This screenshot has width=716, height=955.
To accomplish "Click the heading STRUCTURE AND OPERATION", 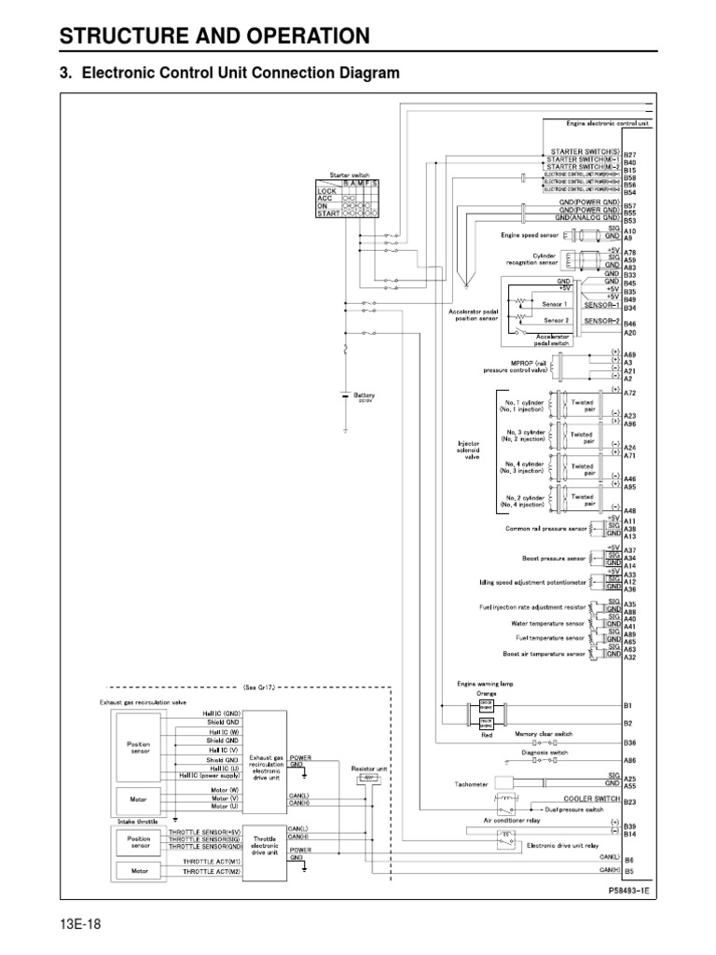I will pyautogui.click(x=214, y=36).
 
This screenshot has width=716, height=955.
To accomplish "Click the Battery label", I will pyautogui.click(x=364, y=394).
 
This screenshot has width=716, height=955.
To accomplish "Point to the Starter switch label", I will pyautogui.click(x=350, y=174).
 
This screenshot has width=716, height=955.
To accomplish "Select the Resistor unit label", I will pyautogui.click(x=368, y=769).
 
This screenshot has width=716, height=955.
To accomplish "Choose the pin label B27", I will pyautogui.click(x=629, y=155).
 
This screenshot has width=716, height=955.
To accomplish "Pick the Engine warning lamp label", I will pyautogui.click(x=485, y=683).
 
